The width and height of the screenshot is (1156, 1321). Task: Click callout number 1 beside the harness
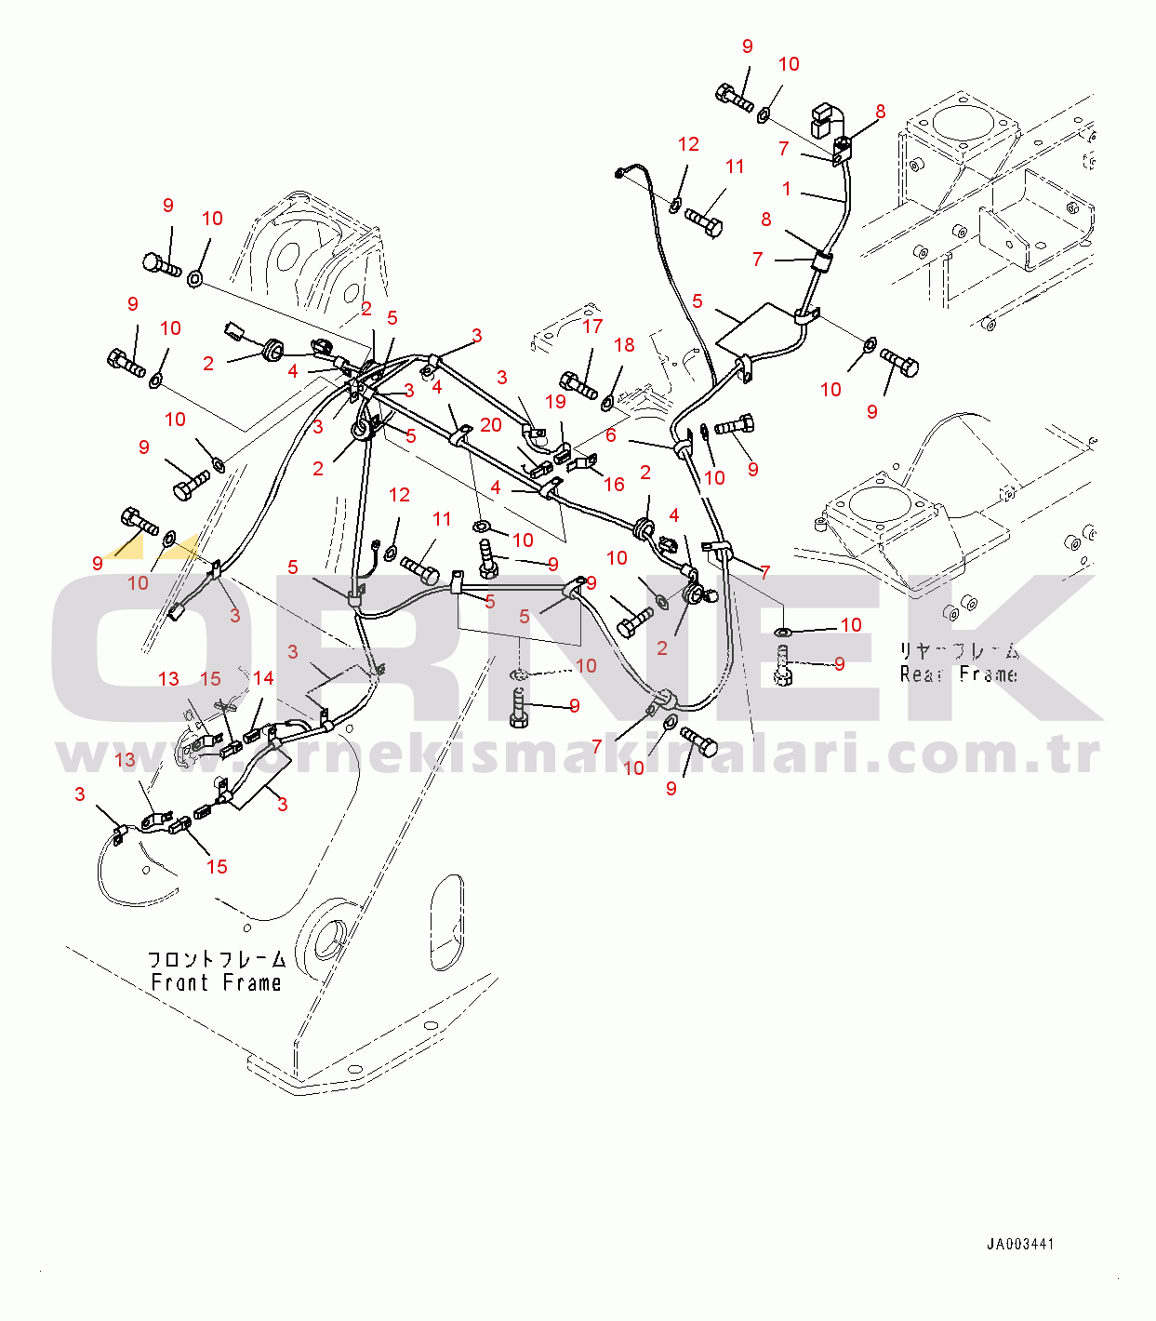787,189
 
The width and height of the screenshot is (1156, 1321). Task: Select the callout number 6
611,435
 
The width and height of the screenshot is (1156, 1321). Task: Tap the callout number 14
263,678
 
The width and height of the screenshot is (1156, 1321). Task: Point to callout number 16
614,484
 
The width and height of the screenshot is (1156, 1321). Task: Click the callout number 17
592,327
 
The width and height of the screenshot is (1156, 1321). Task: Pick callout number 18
624,345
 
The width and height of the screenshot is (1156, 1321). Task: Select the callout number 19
555,402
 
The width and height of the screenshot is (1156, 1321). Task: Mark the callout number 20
491,425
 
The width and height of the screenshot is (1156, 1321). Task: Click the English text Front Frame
216,982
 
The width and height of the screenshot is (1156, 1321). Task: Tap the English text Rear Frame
958,674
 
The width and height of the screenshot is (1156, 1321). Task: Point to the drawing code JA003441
1020,1244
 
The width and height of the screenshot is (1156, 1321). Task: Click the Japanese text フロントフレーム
217,959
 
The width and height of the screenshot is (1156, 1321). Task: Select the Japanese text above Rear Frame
958,651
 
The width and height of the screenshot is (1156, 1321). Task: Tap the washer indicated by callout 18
607,402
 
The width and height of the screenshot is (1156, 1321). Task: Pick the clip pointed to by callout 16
585,462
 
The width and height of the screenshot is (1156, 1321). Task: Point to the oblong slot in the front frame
446,922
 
